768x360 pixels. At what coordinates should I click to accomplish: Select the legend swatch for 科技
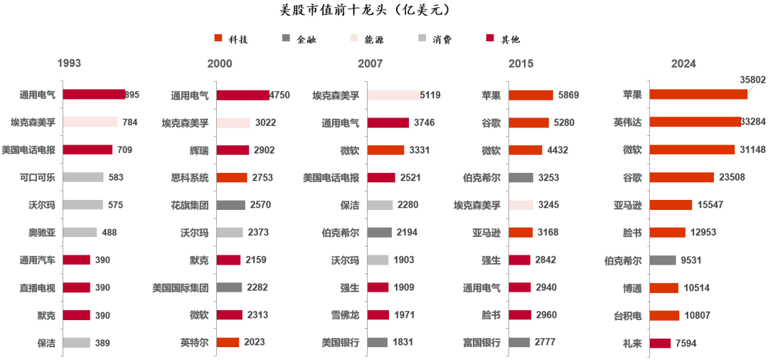[x=218, y=39]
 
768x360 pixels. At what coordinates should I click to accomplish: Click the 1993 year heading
[x=69, y=63]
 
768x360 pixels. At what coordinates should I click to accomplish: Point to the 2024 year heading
[x=683, y=64]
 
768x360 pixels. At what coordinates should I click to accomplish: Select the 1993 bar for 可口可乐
[x=83, y=177]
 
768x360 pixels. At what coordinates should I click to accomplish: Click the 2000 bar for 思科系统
[x=232, y=177]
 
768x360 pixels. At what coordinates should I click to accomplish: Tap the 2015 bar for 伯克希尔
[x=521, y=177]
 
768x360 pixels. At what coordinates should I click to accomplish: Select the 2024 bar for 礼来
[x=660, y=343]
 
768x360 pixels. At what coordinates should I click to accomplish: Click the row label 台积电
[x=628, y=315]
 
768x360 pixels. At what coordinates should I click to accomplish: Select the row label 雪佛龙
[x=345, y=315]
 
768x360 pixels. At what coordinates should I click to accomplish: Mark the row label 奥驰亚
[x=42, y=233]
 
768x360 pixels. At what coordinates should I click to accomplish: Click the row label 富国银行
[x=482, y=343]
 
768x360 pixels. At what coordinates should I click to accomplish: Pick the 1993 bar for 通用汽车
[x=77, y=260]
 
